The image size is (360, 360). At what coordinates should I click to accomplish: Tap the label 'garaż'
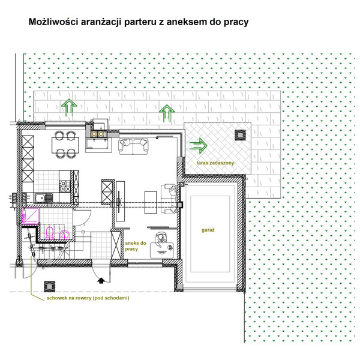pos(208,230)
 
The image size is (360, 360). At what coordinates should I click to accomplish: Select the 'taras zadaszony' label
pos(215,163)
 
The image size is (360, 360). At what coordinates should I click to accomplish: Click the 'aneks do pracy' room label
pos(136,246)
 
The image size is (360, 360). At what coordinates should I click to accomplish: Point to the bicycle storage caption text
pos(88,298)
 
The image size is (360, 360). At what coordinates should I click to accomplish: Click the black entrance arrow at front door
pos(101,281)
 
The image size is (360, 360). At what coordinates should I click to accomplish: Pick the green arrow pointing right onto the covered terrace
pos(199,146)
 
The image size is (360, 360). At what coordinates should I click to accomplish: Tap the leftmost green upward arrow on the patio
pos(69,107)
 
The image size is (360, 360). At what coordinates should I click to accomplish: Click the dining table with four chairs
pos(65,145)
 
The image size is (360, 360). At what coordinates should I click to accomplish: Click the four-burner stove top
pos(65,186)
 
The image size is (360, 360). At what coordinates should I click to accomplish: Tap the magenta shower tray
pos(31,215)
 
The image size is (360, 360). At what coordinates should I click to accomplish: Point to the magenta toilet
pos(49,232)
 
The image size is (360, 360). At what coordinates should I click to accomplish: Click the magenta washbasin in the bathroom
pos(64,234)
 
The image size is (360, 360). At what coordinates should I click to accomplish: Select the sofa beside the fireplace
pos(133,146)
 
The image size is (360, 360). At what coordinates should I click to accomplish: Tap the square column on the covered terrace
pos(240,135)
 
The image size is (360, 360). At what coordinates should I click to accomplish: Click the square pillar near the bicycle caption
pos(50,287)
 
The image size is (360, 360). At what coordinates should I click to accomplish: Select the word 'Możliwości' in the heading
pos(53,22)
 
